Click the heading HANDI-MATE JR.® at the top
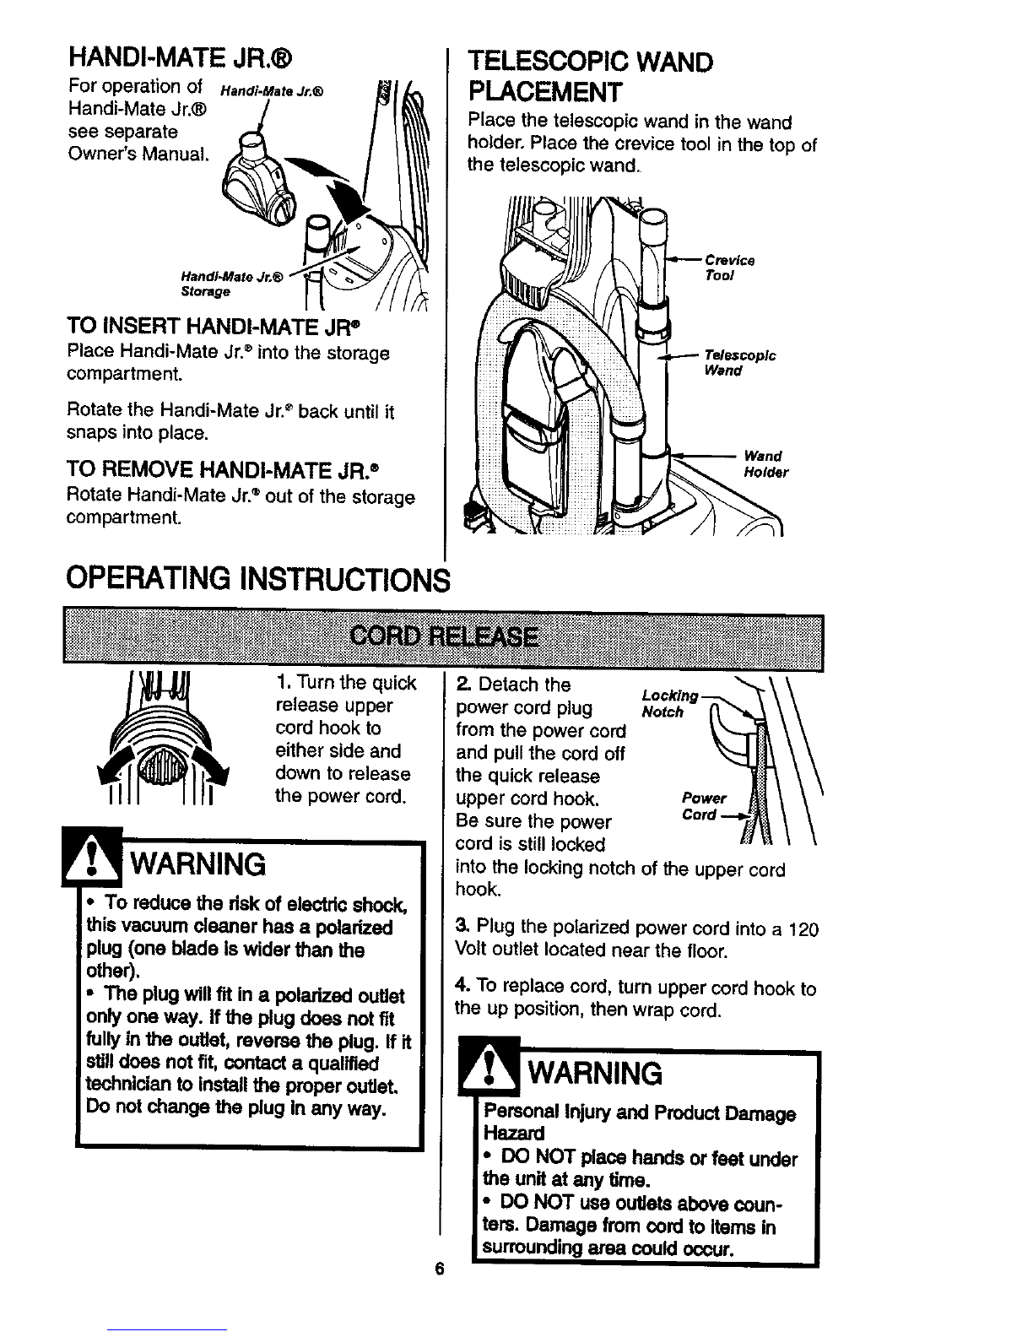click(x=181, y=58)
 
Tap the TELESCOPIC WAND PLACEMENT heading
click(x=591, y=77)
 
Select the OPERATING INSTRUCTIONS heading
click(x=258, y=579)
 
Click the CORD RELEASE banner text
click(x=444, y=636)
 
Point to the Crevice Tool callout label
click(x=730, y=268)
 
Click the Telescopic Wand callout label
click(x=740, y=362)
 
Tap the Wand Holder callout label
click(x=765, y=464)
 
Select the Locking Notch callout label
click(x=669, y=703)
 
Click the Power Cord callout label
click(x=703, y=806)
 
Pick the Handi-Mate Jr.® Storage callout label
click(x=232, y=284)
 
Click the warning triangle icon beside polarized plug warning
click(x=92, y=857)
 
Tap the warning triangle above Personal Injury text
click(x=489, y=1068)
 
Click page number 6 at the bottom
click(x=440, y=1269)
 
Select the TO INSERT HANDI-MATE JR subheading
click(x=214, y=326)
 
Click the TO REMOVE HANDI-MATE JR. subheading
click(x=223, y=470)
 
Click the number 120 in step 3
click(x=803, y=929)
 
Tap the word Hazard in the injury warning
click(x=514, y=1133)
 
